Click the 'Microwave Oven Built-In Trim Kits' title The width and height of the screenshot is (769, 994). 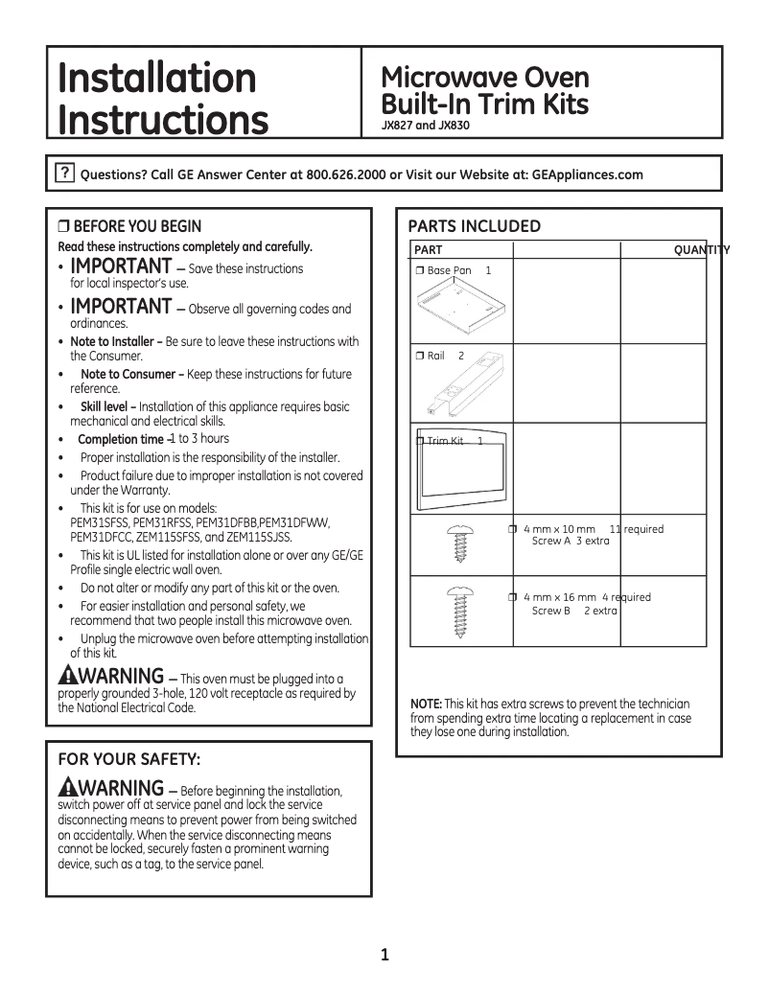point(484,90)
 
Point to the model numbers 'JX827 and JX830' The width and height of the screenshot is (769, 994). point(425,126)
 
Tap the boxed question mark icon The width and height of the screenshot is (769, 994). point(63,173)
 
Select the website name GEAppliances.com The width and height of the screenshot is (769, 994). point(586,174)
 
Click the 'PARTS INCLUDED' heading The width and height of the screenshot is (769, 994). point(474,226)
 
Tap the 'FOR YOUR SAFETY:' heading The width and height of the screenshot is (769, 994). point(129,759)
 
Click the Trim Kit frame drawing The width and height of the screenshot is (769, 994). point(462,474)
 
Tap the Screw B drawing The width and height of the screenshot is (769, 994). point(457,612)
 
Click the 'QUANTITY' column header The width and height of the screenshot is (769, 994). point(701,250)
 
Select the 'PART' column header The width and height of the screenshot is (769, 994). point(428,250)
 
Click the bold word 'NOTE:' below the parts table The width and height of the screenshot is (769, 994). point(426,705)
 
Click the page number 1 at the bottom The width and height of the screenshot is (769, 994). point(384,954)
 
